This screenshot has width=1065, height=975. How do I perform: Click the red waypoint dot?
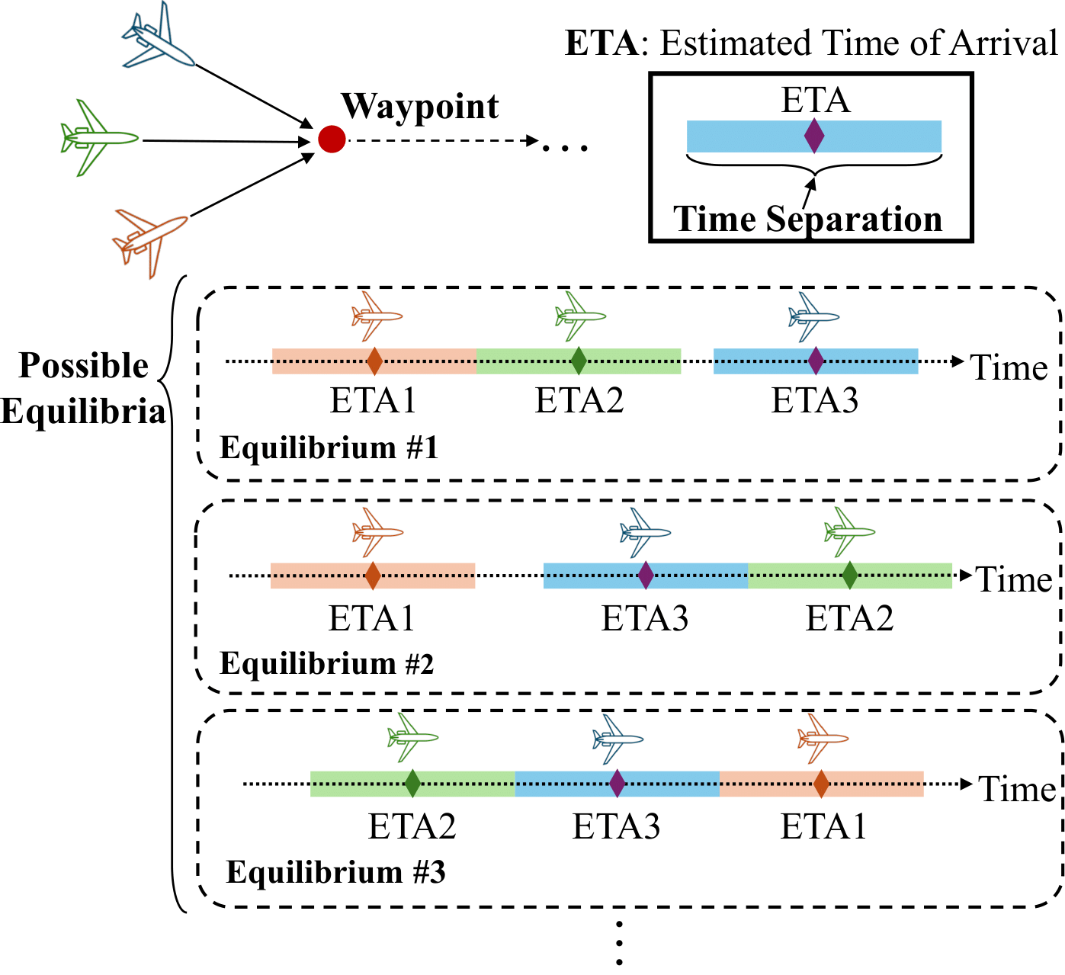pyautogui.click(x=332, y=139)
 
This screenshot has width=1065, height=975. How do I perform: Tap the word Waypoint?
pyautogui.click(x=420, y=107)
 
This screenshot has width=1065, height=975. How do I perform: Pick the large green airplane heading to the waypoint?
pyautogui.click(x=98, y=138)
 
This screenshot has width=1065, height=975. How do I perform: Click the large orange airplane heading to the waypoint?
pyautogui.click(x=149, y=239)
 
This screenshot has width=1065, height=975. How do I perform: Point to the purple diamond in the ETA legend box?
pyautogui.click(x=814, y=136)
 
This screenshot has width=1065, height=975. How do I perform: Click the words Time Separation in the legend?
pyautogui.click(x=807, y=219)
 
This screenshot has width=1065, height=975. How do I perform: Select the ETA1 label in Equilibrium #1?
pyautogui.click(x=373, y=401)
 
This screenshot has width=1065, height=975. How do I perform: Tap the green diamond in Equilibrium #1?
pyautogui.click(x=579, y=361)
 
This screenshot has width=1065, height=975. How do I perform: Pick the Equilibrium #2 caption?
pyautogui.click(x=327, y=664)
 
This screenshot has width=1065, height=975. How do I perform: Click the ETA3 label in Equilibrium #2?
pyautogui.click(x=645, y=618)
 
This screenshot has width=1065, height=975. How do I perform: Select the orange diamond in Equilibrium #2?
pyautogui.click(x=373, y=576)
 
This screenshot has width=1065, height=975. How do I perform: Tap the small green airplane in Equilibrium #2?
pyautogui.click(x=849, y=531)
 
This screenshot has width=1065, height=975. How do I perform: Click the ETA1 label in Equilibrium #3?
pyautogui.click(x=823, y=826)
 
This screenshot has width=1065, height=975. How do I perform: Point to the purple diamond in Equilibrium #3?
pyautogui.click(x=618, y=784)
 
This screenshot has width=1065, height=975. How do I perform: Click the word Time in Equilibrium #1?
pyautogui.click(x=1009, y=368)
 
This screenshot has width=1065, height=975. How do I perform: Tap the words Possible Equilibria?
pyautogui.click(x=84, y=389)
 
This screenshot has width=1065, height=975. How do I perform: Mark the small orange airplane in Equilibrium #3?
pyautogui.click(x=822, y=738)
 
